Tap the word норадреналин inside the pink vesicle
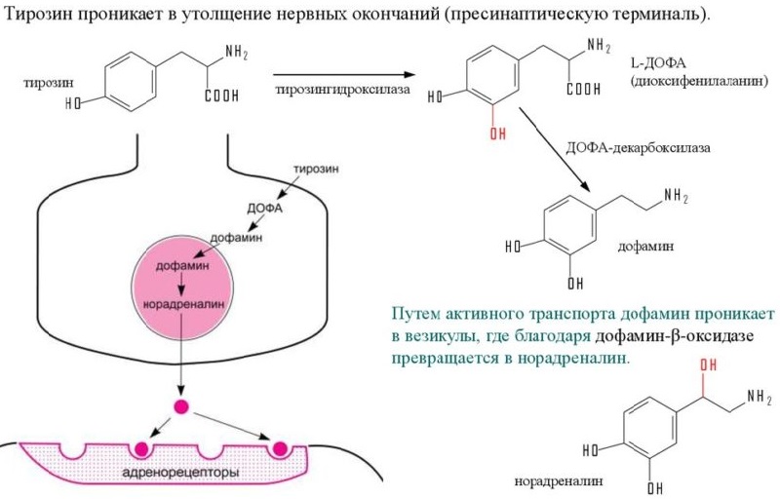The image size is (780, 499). [x=181, y=302]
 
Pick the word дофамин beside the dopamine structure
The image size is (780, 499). [x=646, y=248]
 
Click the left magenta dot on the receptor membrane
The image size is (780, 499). [x=142, y=449]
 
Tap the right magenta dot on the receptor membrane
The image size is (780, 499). [x=282, y=448]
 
